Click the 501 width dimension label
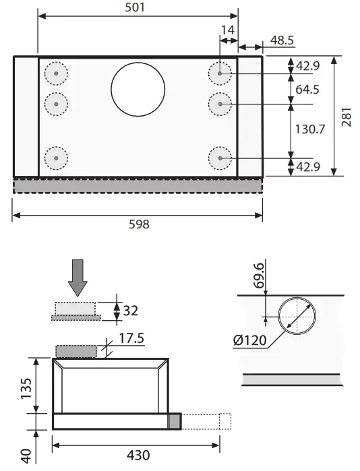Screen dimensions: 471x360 pyautogui.click(x=138, y=8)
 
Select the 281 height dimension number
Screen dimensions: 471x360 pyautogui.click(x=347, y=119)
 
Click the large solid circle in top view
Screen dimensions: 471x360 pyautogui.click(x=138, y=90)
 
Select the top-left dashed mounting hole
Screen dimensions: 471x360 pyautogui.click(x=56, y=73)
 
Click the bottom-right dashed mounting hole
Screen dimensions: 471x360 pyautogui.click(x=220, y=159)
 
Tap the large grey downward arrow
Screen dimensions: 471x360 pyautogui.click(x=78, y=277)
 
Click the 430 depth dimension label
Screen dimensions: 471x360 pyautogui.click(x=138, y=456)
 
